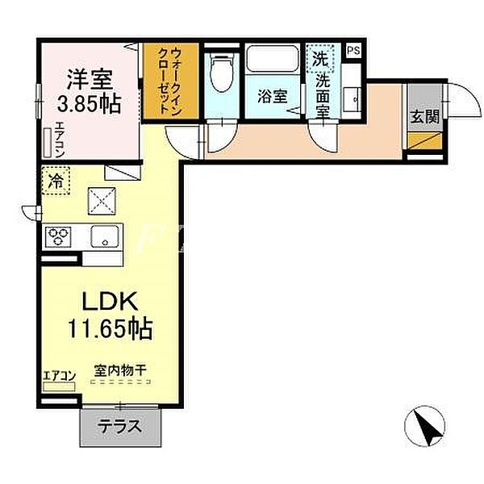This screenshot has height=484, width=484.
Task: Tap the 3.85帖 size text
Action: point(88,103)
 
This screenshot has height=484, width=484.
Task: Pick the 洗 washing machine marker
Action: point(321,57)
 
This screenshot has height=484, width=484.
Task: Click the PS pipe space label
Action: point(353,50)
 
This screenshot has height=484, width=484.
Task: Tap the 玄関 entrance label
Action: point(423,116)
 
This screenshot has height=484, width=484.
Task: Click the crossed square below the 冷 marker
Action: point(102,201)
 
